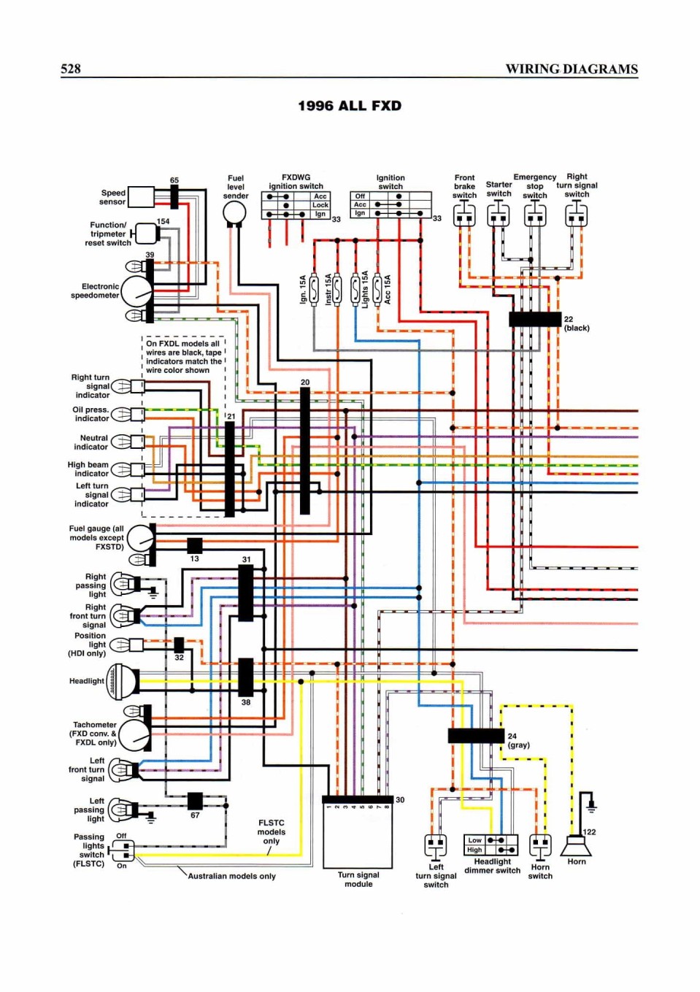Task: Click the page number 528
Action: (70, 69)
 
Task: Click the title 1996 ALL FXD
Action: (350, 107)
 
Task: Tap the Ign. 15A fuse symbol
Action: (314, 290)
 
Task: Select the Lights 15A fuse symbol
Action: (355, 290)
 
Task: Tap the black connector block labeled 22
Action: (535, 319)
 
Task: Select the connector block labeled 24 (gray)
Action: (476, 736)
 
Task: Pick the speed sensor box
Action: (141, 197)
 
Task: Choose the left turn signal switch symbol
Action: (436, 846)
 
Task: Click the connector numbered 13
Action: (195, 545)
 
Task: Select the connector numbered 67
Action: (195, 801)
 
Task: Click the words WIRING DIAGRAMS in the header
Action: (572, 69)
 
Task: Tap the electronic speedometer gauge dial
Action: (136, 292)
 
